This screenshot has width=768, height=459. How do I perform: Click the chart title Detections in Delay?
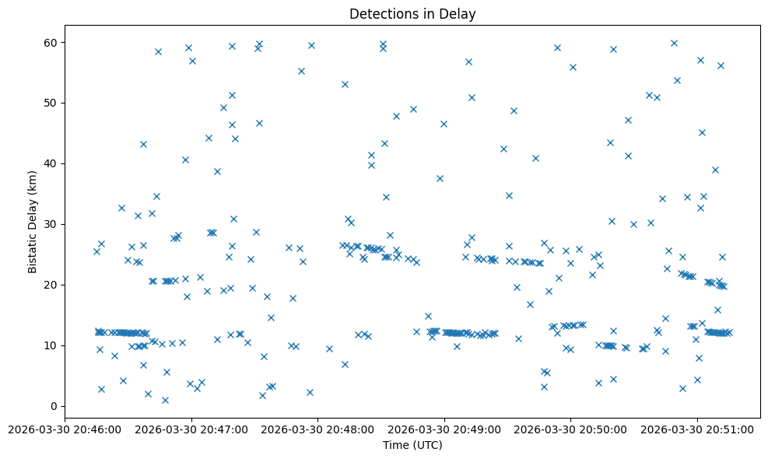pos(412,14)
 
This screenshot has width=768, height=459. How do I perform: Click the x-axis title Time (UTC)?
pos(412,445)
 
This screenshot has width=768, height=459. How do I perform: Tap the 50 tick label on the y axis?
pos(51,103)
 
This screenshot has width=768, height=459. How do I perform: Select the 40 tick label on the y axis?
pos(51,163)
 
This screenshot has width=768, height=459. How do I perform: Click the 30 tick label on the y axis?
pos(51,224)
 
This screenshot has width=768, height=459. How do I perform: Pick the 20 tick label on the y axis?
pos(51,285)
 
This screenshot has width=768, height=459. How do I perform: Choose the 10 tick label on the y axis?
pos(51,345)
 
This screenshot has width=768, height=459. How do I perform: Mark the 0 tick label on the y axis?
pos(54,406)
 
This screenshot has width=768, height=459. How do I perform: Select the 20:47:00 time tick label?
pos(191,429)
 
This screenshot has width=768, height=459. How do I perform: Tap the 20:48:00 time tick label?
pos(318,429)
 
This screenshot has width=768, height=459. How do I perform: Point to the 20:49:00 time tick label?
pos(445,429)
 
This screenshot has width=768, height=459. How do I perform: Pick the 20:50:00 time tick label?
pos(571,429)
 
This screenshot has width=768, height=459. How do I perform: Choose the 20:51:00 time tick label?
pos(698,429)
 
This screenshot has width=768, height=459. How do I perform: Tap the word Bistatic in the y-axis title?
pos(33,251)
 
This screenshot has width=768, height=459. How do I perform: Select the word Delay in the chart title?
pos(460,14)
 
